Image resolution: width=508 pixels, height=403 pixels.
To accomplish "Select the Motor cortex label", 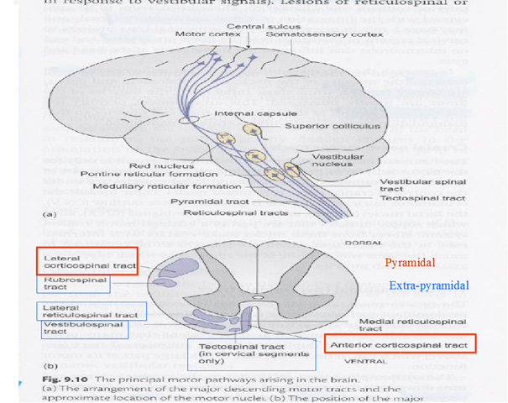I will (200, 34).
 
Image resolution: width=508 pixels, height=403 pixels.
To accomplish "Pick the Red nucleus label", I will (151, 165).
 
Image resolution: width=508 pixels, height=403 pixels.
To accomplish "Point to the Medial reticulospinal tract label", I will (412, 323).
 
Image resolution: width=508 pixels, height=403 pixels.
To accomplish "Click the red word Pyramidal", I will (410, 263).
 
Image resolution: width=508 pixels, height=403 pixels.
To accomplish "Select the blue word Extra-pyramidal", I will (428, 286).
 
